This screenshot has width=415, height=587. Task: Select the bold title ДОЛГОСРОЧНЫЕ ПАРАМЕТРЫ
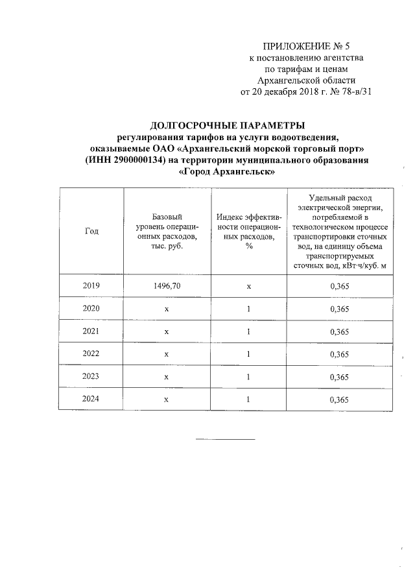pos(226,125)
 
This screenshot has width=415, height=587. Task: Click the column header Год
pos(91,232)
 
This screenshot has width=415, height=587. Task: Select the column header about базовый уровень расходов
pos(167,232)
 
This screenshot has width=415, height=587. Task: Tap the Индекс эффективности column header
pos(249,232)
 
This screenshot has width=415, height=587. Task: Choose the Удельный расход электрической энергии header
pos(339,232)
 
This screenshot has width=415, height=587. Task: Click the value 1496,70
pos(167,286)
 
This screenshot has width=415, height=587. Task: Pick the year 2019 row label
pos(91,286)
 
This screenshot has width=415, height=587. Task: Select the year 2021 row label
pos(91,331)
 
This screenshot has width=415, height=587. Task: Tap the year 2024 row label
pos(91,400)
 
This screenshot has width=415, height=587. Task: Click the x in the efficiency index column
pos(249,286)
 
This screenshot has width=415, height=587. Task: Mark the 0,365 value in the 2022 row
pos(339,354)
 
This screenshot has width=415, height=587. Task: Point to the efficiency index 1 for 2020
pos(249,309)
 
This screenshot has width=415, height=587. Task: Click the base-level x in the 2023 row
pos(167,377)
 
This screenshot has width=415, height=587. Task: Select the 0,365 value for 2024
pos(339,400)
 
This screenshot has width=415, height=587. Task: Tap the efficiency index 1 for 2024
pos(249,400)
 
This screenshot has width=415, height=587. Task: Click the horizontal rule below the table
pos(226,440)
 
